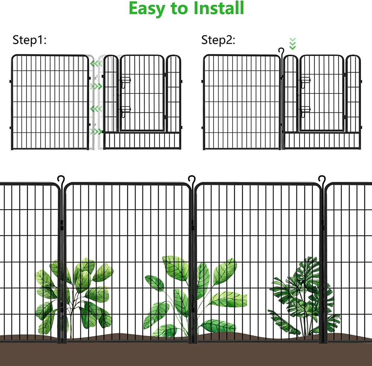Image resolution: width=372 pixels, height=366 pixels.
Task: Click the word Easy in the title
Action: coord(147,9)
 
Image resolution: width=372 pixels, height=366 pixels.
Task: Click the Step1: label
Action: coord(29,40)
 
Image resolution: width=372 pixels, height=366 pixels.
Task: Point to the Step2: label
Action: coord(218,40)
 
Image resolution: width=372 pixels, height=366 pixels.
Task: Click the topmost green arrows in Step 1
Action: coord(96,64)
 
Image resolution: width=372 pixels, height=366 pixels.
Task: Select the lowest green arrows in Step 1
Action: coord(96,131)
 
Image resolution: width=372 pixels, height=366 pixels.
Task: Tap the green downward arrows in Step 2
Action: coord(293,44)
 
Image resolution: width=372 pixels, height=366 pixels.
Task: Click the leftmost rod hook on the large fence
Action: coord(61,180)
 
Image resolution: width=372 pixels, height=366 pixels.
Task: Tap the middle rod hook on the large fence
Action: coord(192,180)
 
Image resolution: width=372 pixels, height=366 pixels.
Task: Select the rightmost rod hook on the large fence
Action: coord(322,180)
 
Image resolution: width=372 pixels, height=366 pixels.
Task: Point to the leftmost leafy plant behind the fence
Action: coord(74,297)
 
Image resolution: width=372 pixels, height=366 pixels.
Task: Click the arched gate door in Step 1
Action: coord(142,93)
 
